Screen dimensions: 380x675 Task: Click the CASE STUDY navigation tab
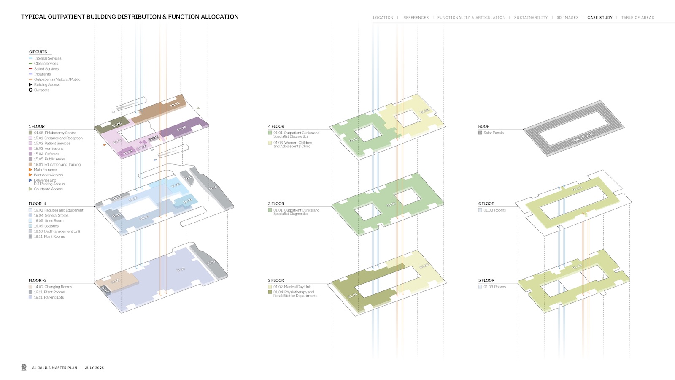click(x=599, y=18)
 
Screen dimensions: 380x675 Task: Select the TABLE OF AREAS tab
click(x=637, y=18)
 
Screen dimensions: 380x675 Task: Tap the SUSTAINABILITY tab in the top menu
click(x=531, y=18)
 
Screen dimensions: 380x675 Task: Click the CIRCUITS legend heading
click(x=38, y=52)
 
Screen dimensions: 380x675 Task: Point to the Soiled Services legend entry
click(x=46, y=69)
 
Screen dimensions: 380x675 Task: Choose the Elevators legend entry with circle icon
click(x=41, y=90)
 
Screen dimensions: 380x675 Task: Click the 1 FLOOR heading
click(x=37, y=126)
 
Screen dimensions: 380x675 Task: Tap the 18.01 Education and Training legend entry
click(x=57, y=165)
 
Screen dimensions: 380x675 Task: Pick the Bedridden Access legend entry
click(x=48, y=175)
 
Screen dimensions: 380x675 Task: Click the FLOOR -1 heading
click(x=38, y=204)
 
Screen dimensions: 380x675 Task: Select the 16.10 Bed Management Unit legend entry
click(x=57, y=231)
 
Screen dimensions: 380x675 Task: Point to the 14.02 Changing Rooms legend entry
click(x=53, y=287)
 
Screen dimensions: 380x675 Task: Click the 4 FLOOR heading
click(x=276, y=126)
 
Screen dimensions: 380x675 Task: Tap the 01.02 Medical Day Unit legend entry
click(x=292, y=287)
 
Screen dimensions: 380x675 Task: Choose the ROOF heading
click(x=483, y=126)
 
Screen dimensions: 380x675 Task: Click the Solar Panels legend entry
click(x=493, y=133)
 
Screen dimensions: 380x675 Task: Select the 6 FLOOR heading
click(x=486, y=204)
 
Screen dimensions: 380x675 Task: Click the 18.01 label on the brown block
click(x=175, y=104)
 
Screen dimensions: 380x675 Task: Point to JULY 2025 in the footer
click(x=94, y=368)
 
